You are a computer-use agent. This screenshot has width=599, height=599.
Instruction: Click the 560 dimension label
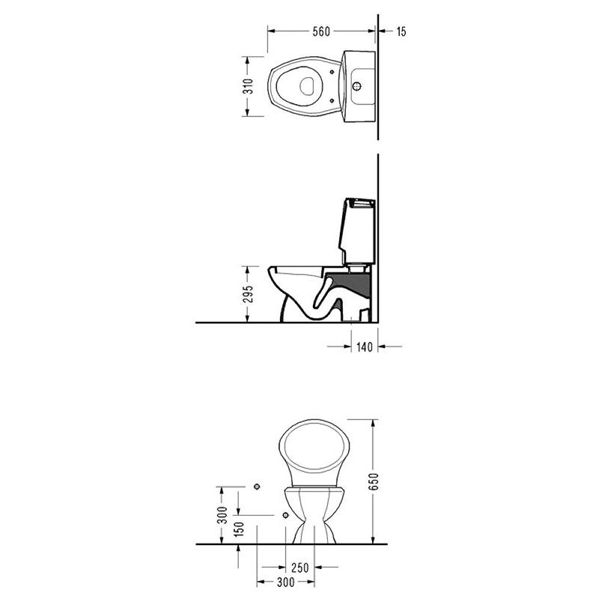tap(321, 31)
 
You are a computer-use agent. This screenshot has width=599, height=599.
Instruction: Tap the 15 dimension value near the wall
tap(401, 31)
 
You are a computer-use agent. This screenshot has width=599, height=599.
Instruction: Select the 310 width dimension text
tap(249, 86)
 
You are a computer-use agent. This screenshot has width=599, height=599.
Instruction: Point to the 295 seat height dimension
tap(249, 294)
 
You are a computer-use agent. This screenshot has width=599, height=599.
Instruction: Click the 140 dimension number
tap(364, 347)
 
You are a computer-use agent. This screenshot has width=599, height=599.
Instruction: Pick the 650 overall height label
tap(374, 481)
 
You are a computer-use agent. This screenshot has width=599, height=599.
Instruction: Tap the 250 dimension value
tap(300, 568)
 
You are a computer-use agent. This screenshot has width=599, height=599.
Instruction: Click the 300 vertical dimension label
tap(222, 514)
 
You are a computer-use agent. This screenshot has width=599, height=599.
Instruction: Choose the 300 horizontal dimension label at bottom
tap(286, 583)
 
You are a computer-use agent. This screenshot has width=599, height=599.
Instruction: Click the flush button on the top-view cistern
tap(357, 86)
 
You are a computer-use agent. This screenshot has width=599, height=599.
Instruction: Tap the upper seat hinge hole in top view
tap(332, 71)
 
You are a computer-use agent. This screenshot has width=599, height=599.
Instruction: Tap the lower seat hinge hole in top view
tap(332, 101)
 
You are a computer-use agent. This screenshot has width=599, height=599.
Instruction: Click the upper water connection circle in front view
tap(257, 487)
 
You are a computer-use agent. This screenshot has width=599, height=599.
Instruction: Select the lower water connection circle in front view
tap(285, 515)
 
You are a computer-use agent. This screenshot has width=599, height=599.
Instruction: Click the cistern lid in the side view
tap(360, 202)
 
